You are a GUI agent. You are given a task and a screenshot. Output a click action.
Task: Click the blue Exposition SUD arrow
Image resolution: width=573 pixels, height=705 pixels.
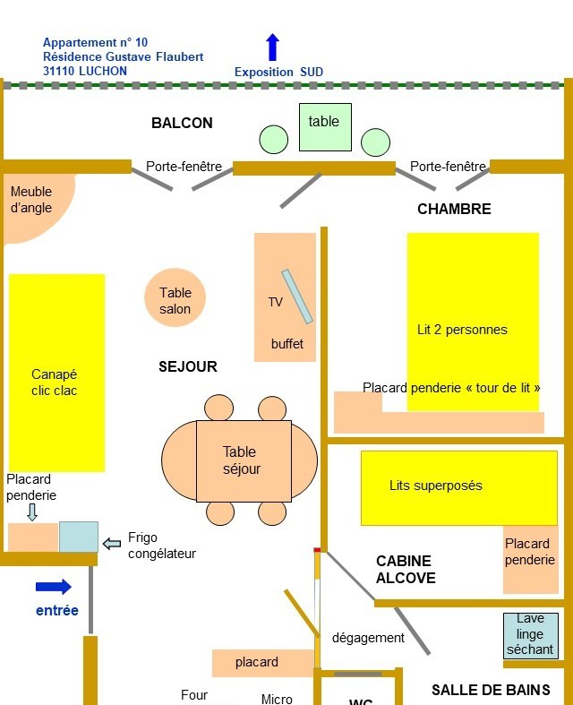click(273, 47)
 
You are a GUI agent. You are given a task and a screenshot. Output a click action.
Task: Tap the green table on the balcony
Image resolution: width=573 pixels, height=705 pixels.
click(325, 126)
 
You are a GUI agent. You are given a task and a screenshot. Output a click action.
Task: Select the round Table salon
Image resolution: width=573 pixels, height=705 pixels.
click(175, 298)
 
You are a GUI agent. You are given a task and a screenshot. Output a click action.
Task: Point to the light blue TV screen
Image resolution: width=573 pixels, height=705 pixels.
click(297, 297)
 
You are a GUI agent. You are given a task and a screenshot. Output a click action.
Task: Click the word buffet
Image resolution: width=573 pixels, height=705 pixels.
click(287, 344)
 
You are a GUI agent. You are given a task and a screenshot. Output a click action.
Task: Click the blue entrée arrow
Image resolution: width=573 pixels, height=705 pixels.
click(54, 587)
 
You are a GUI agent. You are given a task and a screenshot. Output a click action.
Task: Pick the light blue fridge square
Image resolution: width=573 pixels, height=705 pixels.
click(79, 537)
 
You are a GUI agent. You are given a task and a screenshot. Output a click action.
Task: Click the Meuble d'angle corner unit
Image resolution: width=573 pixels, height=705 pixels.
click(33, 202)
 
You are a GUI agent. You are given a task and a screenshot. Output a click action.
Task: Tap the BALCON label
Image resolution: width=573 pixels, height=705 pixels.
click(182, 123)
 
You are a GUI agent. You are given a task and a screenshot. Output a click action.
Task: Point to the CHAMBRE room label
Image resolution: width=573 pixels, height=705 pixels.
click(454, 210)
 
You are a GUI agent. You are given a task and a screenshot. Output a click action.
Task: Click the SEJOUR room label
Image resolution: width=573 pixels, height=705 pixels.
click(188, 366)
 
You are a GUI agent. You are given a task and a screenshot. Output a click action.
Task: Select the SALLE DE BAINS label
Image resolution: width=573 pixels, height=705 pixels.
click(491, 690)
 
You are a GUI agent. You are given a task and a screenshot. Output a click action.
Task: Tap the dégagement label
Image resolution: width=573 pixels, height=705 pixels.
click(368, 638)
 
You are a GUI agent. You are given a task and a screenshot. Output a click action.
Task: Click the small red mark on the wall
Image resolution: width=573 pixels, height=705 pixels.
click(317, 549)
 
